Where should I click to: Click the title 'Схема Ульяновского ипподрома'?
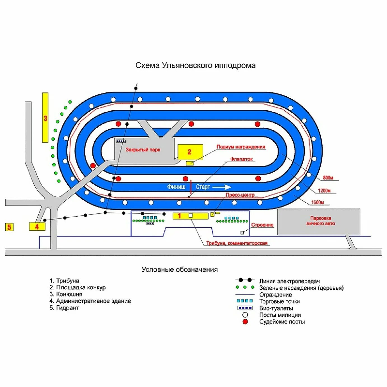point(195,66)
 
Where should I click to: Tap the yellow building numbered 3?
point(45,118)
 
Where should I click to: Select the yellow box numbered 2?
point(190,152)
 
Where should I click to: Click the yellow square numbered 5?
point(9,227)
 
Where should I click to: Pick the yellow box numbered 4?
point(37,226)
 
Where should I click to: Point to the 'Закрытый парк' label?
point(143,150)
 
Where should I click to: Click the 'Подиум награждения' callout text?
point(241,147)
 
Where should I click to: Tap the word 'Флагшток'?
point(241,159)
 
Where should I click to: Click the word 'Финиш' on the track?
point(176,187)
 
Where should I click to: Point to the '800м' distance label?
point(328,178)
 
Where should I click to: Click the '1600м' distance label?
point(318,202)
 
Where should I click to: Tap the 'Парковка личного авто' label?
point(320,221)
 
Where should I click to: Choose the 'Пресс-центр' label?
point(240,195)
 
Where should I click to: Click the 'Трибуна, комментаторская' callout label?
point(237,243)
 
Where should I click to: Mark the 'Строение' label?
point(262,225)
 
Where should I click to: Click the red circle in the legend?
point(245,322)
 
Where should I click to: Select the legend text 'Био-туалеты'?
point(276,308)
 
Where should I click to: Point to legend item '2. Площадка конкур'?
point(78,287)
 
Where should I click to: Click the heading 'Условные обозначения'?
point(179,269)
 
